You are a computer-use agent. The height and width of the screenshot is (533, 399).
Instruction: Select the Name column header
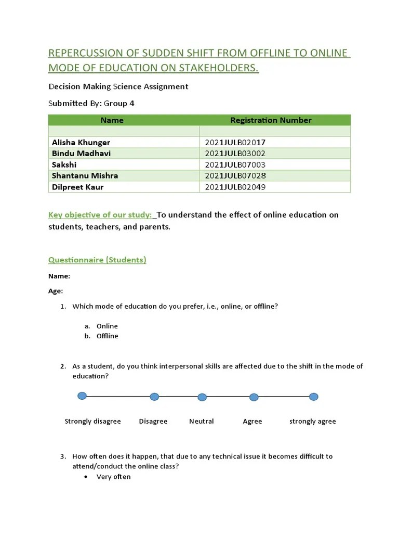pyautogui.click(x=112, y=120)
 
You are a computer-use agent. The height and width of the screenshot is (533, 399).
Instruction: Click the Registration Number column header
pyautogui.click(x=271, y=120)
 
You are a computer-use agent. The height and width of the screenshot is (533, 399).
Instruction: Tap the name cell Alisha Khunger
pyautogui.click(x=81, y=142)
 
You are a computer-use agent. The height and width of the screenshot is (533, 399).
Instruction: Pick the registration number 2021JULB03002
pyautogui.click(x=235, y=154)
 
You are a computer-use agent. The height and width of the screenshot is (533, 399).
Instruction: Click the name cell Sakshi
pyautogui.click(x=64, y=164)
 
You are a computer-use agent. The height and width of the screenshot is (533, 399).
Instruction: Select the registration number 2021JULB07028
pyautogui.click(x=235, y=176)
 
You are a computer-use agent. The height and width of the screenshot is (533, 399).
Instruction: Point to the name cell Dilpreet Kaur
pyautogui.click(x=78, y=187)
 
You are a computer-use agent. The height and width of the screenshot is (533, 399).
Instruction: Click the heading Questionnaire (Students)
pyautogui.click(x=97, y=260)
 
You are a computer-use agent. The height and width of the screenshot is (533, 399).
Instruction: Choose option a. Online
pyautogui.click(x=107, y=326)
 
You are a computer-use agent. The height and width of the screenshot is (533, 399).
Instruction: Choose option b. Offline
pyautogui.click(x=107, y=336)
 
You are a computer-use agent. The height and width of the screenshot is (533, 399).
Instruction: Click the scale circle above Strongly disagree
pyautogui.click(x=82, y=396)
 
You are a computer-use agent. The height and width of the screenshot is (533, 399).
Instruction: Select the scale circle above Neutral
pyautogui.click(x=202, y=397)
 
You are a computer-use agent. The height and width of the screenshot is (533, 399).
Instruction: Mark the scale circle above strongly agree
pyautogui.click(x=313, y=397)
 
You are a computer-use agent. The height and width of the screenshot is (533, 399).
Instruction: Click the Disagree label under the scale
pyautogui.click(x=153, y=422)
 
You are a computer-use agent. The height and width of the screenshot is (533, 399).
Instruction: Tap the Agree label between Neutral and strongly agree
pyautogui.click(x=252, y=422)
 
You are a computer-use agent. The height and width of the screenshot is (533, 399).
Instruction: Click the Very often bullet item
pyautogui.click(x=113, y=477)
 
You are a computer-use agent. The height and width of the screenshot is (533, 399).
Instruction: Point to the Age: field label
pyautogui.click(x=56, y=291)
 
